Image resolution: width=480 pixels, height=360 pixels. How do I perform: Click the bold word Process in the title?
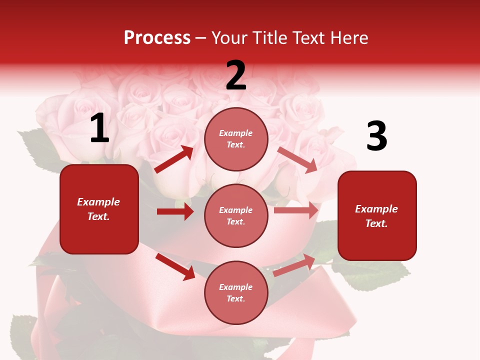click(157, 38)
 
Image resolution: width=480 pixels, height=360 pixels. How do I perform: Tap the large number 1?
click(99, 129)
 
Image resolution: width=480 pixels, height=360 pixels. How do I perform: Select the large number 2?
click(236, 75)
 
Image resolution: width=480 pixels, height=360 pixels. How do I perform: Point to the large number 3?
click(376, 136)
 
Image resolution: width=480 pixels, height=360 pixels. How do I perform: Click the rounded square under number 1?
click(99, 209)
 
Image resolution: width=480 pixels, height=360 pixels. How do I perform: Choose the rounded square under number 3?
click(377, 215)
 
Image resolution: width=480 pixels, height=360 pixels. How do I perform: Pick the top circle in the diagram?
click(236, 139)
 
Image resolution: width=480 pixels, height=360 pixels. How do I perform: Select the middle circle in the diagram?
click(236, 215)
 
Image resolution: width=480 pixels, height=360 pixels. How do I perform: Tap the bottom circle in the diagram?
click(236, 292)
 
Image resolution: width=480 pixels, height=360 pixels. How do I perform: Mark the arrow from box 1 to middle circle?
click(175, 211)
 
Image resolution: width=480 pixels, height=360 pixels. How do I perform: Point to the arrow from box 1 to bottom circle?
click(175, 266)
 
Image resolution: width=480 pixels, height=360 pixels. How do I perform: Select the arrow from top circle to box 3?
click(298, 159)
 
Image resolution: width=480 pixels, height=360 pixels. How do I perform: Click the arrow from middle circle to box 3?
click(296, 210)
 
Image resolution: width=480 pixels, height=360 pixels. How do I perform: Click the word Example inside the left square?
click(98, 202)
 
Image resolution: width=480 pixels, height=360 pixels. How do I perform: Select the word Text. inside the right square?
click(376, 223)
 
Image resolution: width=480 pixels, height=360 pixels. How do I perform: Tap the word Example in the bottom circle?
click(235, 287)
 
